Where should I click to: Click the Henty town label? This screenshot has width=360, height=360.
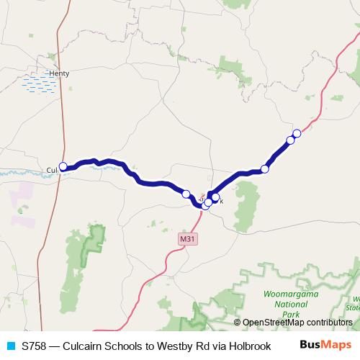pyautogui.click(x=58, y=73)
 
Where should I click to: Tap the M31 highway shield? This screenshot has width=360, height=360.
pyautogui.click(x=187, y=239)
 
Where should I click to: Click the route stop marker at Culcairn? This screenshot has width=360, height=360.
pyautogui.click(x=63, y=166)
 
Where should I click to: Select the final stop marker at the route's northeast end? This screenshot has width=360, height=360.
pyautogui.click(x=297, y=133)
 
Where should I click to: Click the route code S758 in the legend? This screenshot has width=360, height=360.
pyautogui.click(x=35, y=345)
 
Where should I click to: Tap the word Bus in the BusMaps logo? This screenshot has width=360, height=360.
pyautogui.click(x=310, y=345)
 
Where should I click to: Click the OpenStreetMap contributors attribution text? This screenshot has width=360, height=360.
pyautogui.click(x=297, y=323)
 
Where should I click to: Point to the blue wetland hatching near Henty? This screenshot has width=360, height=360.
pyautogui.click(x=40, y=84)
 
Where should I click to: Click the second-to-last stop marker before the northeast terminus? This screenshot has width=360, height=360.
pyautogui.click(x=291, y=140)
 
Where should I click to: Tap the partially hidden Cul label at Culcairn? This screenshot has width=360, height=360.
pyautogui.click(x=51, y=170)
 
